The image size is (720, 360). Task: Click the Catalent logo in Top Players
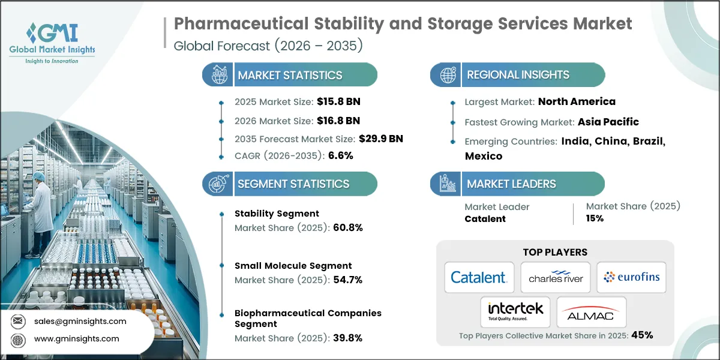click(479, 277)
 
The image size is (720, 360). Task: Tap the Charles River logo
click(555, 277)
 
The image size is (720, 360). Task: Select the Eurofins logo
click(631, 277)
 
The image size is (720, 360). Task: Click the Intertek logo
click(515, 311)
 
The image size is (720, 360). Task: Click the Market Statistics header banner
click(290, 75)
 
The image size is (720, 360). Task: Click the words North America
click(577, 101)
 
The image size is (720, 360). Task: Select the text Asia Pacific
click(608, 122)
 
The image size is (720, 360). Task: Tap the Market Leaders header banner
click(517, 184)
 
